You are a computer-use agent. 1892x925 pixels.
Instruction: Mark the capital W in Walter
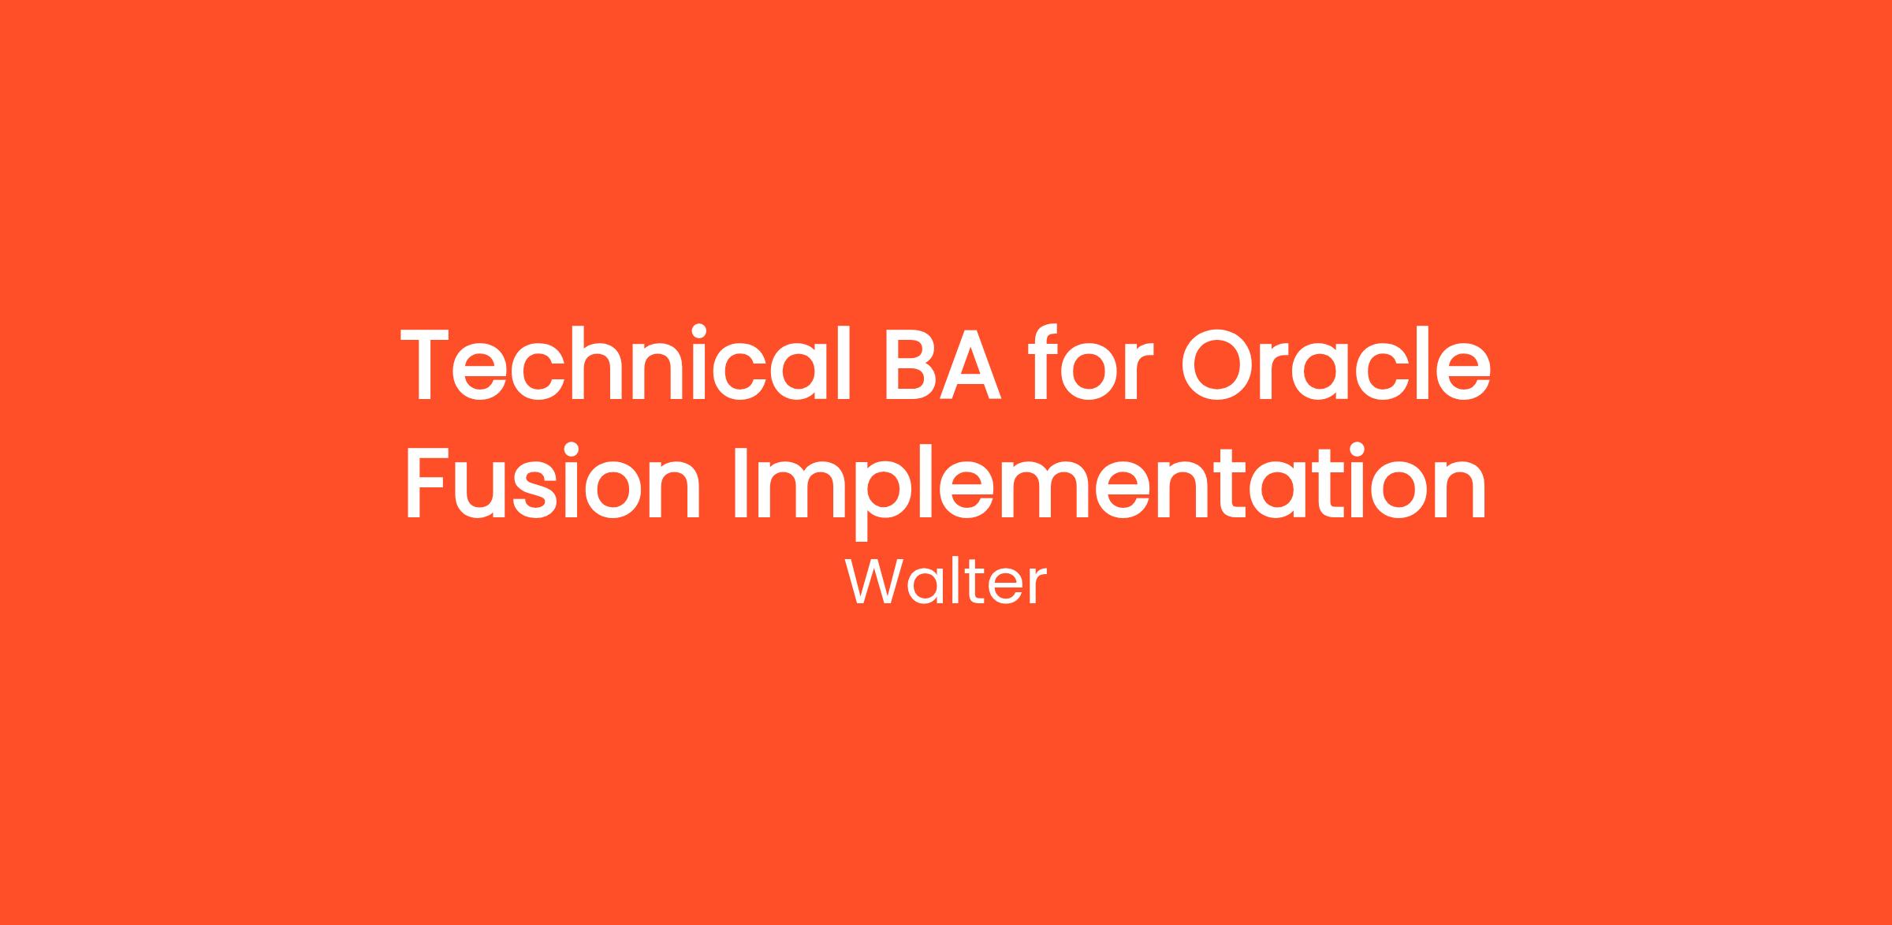click(x=875, y=584)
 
